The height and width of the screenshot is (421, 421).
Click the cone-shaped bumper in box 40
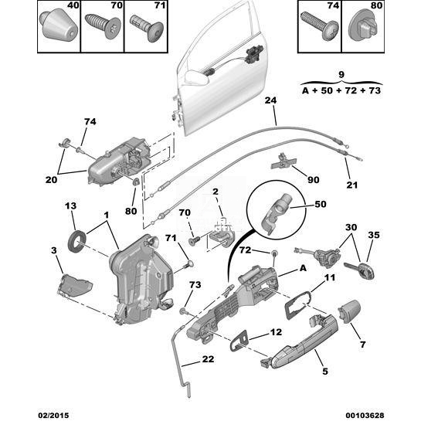pos(59,26)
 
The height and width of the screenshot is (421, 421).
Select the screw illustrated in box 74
pos(319,25)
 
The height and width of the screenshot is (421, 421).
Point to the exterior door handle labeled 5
pos(300,341)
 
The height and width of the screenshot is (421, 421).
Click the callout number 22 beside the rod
pos(208,358)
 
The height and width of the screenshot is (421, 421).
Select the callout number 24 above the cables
pos(270,100)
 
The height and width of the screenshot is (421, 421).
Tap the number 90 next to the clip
pos(314,179)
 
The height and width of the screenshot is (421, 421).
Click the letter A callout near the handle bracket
pos(303,268)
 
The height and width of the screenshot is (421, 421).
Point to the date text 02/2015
pos(53,415)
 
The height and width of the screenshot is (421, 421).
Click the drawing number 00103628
pos(365,415)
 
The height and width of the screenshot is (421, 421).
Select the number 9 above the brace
pos(341,74)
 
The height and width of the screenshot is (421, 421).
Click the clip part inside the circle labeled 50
pos(276,213)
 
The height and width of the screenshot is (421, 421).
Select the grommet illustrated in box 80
pos(363,28)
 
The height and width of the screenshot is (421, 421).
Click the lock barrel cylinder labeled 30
pos(327,257)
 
